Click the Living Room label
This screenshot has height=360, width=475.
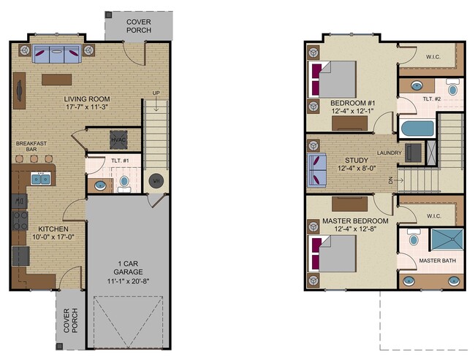pos(86,99)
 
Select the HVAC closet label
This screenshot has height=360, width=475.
pos(118,139)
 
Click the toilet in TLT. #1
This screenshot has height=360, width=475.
pos(123,180)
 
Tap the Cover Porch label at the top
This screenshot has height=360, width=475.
pos(139,26)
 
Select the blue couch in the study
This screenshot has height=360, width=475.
pos(317,169)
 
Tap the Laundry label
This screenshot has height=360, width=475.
pos(389,153)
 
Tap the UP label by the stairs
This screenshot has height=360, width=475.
pos(155,93)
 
